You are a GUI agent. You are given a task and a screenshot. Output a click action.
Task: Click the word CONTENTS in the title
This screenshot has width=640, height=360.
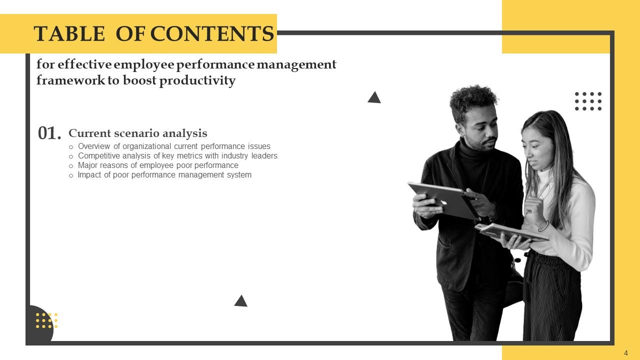212,34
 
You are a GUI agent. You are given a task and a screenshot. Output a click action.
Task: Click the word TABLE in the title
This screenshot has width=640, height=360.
69,34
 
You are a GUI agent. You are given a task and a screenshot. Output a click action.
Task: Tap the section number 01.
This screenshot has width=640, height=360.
49,133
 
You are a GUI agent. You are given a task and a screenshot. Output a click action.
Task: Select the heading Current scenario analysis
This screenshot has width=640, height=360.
137,133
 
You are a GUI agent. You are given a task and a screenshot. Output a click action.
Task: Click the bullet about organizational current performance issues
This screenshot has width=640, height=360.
174,146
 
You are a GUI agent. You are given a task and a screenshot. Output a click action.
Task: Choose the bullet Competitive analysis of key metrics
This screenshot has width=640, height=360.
177,156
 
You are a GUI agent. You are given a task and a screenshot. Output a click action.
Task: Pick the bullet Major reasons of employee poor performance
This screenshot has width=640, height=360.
158,165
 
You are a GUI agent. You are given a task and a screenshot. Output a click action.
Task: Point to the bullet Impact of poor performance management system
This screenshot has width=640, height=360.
164,175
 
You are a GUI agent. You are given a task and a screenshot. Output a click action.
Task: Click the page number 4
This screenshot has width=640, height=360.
626,353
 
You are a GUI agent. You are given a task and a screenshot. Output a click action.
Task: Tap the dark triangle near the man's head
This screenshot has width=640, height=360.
374,98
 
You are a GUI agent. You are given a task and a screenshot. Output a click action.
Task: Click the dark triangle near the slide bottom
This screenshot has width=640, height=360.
241,301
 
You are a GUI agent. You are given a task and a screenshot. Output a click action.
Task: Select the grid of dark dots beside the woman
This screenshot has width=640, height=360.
588,101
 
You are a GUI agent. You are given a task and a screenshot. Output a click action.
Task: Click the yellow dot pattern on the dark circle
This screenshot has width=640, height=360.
46,320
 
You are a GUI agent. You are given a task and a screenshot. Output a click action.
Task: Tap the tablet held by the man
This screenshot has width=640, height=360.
442,200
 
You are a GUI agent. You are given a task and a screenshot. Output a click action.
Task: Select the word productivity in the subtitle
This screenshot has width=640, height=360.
197,81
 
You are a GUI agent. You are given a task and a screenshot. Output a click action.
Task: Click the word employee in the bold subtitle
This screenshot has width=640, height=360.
144,65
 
